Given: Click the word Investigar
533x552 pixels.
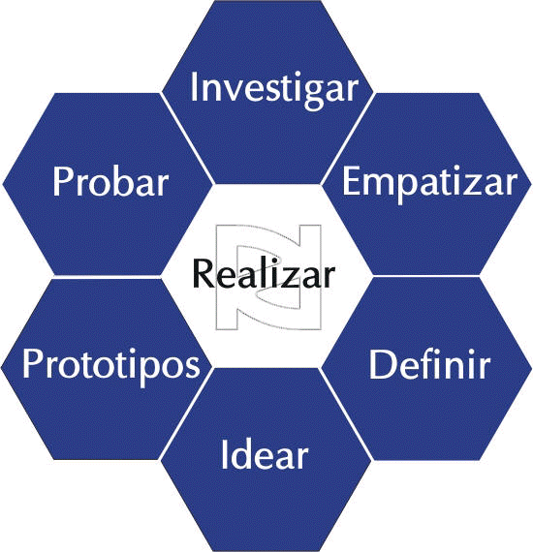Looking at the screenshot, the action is [274, 89].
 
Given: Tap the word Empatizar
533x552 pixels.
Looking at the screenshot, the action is [430, 184].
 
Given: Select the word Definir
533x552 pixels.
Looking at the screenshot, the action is [429, 365].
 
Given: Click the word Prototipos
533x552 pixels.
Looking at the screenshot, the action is [111, 366].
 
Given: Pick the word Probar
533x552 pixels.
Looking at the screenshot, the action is [110, 181].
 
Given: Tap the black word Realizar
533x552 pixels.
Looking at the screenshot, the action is [264, 273].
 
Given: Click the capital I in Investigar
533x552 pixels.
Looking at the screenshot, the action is [193, 87].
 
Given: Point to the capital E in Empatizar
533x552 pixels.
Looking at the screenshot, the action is [351, 181].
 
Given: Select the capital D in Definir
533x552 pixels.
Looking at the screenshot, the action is [380, 365].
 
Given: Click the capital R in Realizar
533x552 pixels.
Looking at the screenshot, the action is [203, 273].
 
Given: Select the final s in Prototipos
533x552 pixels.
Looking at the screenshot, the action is [193, 368].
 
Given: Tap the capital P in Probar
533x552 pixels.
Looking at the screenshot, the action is [62, 181].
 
